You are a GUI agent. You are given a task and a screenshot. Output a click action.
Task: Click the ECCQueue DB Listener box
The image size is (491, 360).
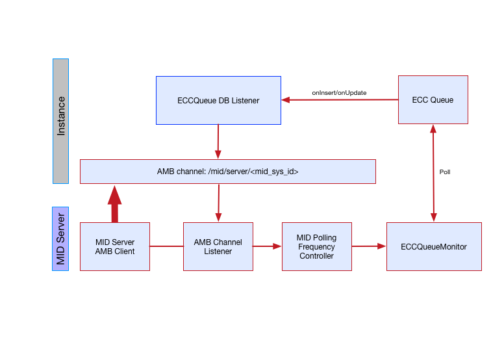point(218,100)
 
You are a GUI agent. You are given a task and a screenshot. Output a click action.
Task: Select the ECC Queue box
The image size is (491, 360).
point(433,99)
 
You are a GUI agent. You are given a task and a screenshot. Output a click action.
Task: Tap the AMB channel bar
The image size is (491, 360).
point(227,172)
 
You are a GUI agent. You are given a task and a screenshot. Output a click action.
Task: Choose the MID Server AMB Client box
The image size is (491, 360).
point(115,246)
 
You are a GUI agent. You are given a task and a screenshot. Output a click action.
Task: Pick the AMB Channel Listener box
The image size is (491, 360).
point(218,246)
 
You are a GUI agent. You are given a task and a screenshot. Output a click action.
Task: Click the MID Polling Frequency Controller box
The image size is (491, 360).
point(316,246)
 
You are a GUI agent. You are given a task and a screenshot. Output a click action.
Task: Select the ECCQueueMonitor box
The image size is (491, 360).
point(433,246)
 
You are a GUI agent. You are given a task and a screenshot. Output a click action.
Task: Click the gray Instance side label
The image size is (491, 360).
point(60,121)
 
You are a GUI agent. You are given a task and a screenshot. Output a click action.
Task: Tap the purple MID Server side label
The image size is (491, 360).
point(60,238)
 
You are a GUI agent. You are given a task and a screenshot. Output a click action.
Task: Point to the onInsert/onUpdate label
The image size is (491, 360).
point(339,93)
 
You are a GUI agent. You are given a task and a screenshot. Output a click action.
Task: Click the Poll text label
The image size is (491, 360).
point(445,172)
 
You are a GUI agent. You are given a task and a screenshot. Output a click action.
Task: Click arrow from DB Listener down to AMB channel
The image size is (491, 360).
point(218,141)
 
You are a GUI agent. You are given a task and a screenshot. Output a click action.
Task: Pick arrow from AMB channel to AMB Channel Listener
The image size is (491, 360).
point(218,203)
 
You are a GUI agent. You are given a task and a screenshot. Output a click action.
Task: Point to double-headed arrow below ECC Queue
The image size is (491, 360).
point(433,173)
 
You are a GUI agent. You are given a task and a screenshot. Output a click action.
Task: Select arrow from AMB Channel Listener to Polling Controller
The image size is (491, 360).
point(266,246)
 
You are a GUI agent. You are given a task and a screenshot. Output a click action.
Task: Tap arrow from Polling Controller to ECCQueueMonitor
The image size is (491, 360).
point(369,246)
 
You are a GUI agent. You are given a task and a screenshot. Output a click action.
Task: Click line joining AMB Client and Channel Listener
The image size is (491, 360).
point(166,246)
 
